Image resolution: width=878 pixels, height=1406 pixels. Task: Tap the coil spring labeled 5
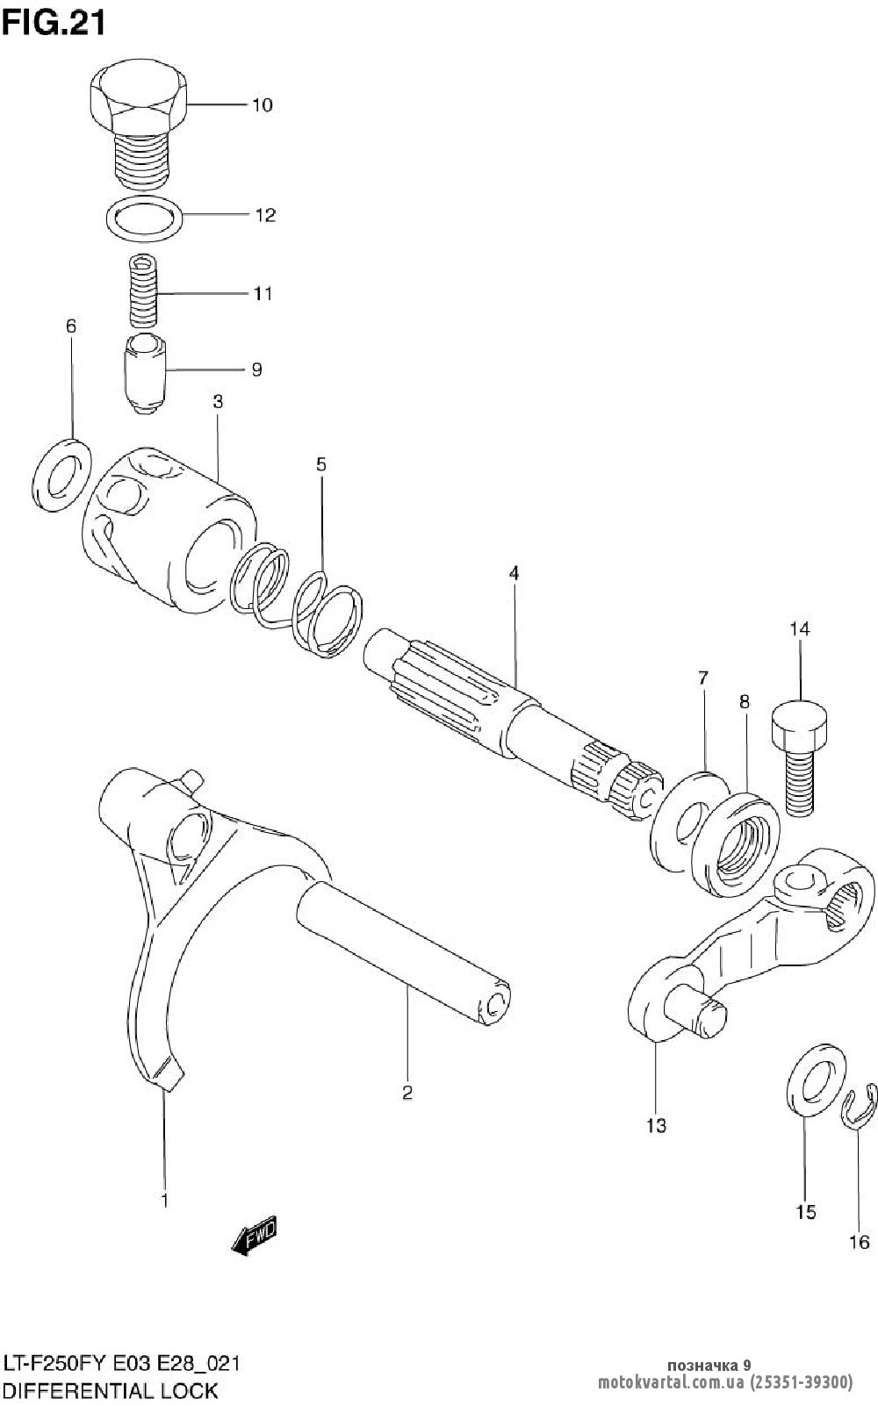click(x=299, y=596)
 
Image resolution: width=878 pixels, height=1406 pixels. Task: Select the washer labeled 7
click(x=687, y=821)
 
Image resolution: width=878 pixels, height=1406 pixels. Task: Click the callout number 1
click(x=164, y=1200)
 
